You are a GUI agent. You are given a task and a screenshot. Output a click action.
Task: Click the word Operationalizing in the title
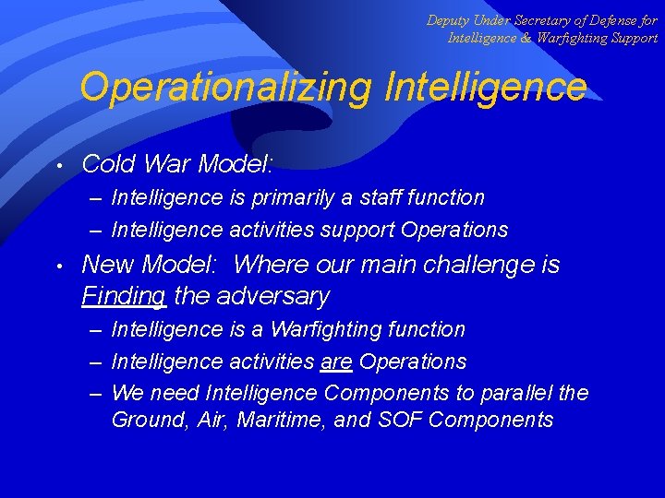224,88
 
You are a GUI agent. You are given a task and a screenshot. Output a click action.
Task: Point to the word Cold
108,164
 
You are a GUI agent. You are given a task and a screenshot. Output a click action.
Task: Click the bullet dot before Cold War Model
59,166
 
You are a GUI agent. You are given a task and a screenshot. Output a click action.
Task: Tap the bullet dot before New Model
59,267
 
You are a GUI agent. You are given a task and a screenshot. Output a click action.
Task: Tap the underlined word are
336,362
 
